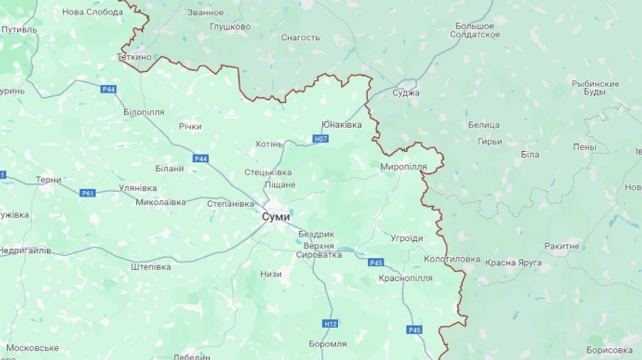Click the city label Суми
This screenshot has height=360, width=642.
pyautogui.click(x=276, y=216)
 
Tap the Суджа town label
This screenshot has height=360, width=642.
pyautogui.click(x=406, y=93)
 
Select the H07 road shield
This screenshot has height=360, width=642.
pyautogui.click(x=321, y=138)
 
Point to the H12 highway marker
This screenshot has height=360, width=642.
pyautogui.click(x=330, y=324)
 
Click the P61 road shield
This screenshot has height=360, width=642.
pyautogui.click(x=88, y=192)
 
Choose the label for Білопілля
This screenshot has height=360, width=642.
pyautogui.click(x=143, y=113)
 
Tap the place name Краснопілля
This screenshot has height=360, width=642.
pyautogui.click(x=406, y=277)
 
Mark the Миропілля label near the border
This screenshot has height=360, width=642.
pyautogui.click(x=404, y=167)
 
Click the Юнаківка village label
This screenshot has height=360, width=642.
pyautogui.click(x=342, y=125)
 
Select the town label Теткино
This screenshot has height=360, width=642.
pyautogui.click(x=135, y=56)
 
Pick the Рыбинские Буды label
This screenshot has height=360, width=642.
pyautogui.click(x=595, y=88)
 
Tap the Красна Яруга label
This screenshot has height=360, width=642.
pyautogui.click(x=514, y=262)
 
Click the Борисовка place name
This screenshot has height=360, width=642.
pyautogui.click(x=609, y=350)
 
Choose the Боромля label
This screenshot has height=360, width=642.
pyautogui.click(x=327, y=344)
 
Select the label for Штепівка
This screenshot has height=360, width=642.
pyautogui.click(x=151, y=267)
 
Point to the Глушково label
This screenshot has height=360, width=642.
pyautogui.click(x=230, y=26)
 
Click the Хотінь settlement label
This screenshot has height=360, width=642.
pyautogui.click(x=269, y=144)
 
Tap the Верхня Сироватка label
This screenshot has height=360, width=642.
pyautogui.click(x=318, y=250)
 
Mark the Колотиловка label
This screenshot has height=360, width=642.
pyautogui.click(x=452, y=259)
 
